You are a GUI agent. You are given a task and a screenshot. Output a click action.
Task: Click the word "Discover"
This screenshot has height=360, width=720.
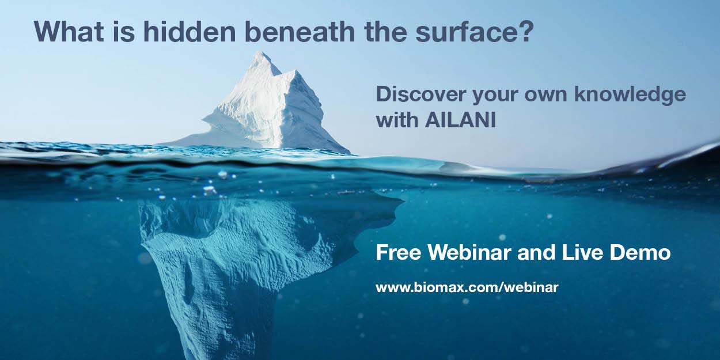[419, 94]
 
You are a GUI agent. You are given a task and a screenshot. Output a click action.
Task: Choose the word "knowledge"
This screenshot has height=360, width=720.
[630, 95]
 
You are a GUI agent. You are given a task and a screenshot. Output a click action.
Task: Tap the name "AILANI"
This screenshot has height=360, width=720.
[460, 120]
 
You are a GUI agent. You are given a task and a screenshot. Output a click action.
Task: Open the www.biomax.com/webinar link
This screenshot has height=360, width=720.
[467, 287]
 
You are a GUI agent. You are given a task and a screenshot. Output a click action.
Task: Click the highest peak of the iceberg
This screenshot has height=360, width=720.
[262, 51]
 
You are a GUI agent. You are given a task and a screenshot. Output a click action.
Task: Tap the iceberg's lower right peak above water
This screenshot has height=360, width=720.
[293, 71]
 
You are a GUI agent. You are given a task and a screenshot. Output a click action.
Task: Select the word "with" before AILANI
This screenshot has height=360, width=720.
[397, 120]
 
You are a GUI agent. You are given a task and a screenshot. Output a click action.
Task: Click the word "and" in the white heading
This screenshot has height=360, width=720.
[536, 253]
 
